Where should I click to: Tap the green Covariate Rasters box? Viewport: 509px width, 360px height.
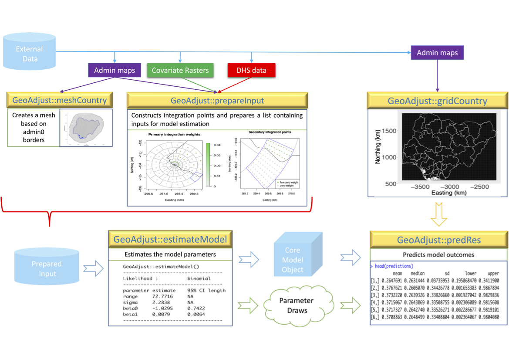pos(180,70)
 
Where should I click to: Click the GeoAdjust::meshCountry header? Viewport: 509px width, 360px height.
pos(60,101)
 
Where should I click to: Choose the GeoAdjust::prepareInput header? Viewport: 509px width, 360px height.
pos(217,101)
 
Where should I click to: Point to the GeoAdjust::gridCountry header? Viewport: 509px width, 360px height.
pos(438,101)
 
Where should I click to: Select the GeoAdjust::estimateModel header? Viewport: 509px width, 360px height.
pos(170,239)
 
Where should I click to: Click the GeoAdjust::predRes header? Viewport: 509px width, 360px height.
pos(439,240)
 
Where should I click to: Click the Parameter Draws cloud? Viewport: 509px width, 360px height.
pos(296,306)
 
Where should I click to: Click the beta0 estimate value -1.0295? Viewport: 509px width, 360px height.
pos(165,308)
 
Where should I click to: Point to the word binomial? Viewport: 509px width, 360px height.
pos(199,278)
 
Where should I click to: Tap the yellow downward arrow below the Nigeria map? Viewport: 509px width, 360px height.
pos(438,214)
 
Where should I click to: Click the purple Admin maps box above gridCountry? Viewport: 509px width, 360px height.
pos(437,53)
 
